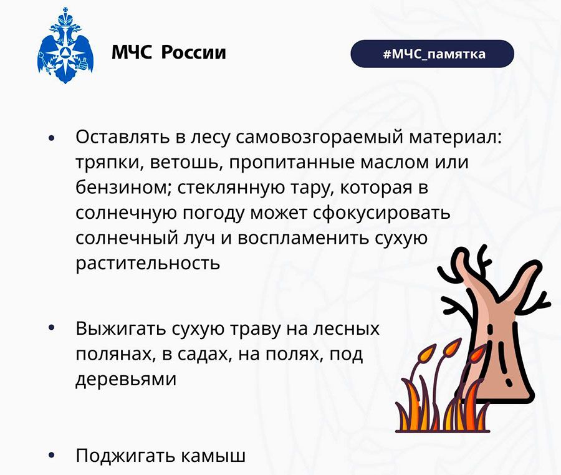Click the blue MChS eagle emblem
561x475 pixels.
(x=65, y=46)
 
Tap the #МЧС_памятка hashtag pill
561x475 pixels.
(x=432, y=54)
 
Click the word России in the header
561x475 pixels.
(x=194, y=52)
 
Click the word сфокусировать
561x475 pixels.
(x=381, y=213)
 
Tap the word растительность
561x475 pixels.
(x=148, y=264)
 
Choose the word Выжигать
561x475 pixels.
(x=120, y=329)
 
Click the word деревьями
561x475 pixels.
(x=126, y=379)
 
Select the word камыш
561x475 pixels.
(x=213, y=455)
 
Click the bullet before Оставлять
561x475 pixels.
(x=52, y=138)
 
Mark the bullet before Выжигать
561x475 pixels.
(x=52, y=327)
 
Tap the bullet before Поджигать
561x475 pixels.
(x=52, y=455)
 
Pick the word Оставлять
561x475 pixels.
(x=123, y=137)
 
